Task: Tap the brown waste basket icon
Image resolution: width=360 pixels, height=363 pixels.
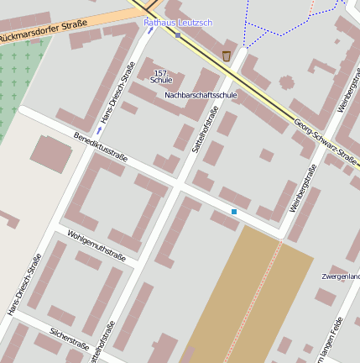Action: click(227, 55)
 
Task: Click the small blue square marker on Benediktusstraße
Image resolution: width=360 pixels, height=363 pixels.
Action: click(234, 212)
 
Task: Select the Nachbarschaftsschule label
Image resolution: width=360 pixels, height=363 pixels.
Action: click(201, 95)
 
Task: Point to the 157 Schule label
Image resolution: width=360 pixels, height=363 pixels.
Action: click(161, 76)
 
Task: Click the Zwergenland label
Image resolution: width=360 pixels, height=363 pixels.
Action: click(341, 276)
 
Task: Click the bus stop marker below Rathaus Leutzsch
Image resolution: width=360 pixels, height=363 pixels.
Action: click(178, 35)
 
